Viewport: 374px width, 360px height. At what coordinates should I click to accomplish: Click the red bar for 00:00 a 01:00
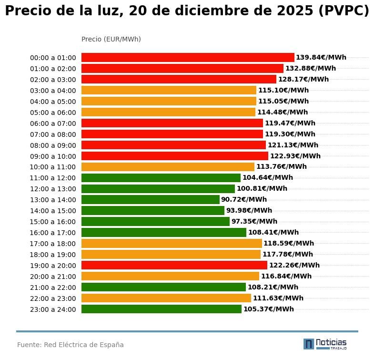pos(188,58)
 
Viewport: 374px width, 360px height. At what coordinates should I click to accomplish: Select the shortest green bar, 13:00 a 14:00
pos(150,200)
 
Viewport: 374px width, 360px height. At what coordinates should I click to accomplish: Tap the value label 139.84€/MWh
pos(321,58)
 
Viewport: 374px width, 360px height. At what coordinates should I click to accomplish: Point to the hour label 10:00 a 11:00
pos(53,167)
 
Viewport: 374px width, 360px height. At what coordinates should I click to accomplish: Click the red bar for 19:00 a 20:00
pos(174,266)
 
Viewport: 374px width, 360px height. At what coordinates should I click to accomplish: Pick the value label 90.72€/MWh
pos(244,200)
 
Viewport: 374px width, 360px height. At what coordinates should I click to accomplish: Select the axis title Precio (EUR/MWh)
pos(111,40)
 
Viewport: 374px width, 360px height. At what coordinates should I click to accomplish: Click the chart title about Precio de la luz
pos(187,11)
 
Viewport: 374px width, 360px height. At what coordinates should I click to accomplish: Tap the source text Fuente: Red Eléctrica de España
pos(71,345)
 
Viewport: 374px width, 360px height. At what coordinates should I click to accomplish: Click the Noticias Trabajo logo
pos(325,344)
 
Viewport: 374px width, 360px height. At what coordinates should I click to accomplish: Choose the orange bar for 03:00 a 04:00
pos(169,91)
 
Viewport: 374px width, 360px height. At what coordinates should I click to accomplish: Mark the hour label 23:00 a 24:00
pos(53,309)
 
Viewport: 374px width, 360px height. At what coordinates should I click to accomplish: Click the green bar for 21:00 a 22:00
pos(163,288)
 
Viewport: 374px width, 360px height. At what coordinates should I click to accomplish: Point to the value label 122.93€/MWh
pos(295,156)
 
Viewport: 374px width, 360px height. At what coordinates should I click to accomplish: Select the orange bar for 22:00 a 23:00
pos(166,298)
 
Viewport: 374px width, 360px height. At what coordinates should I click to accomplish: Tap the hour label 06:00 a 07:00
pos(53,123)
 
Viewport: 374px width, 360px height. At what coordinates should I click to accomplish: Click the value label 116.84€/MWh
pos(286,277)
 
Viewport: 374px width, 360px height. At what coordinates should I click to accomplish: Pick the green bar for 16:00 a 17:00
pos(164,233)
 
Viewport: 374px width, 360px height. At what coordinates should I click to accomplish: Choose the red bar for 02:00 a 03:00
pos(179,80)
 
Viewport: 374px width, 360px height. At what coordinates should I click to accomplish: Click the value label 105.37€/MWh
pos(269,309)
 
